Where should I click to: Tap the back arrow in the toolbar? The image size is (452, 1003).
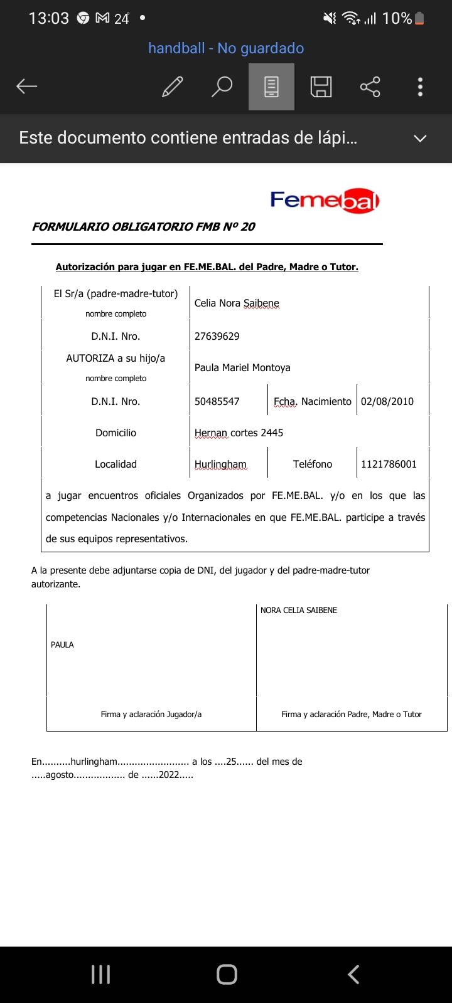tap(27, 87)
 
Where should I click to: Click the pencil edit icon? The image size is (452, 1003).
tap(172, 87)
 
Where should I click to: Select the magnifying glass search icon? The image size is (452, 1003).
tap(222, 87)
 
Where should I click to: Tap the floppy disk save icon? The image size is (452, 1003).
tap(321, 87)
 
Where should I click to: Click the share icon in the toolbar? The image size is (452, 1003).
tap(370, 87)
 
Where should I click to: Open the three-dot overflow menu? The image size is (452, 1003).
tap(420, 87)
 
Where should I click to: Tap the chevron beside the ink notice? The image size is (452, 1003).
tap(420, 139)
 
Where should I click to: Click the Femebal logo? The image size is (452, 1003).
tap(325, 201)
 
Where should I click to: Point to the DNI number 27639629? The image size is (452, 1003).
tap(217, 336)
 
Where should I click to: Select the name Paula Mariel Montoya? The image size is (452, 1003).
tap(242, 368)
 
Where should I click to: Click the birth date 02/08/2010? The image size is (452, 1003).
tap(387, 401)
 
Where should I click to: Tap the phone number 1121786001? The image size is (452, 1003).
tap(389, 464)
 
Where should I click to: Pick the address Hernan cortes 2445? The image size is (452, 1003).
tap(239, 433)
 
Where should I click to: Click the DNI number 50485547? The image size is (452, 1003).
tap(217, 401)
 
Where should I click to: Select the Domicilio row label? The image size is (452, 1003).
tap(116, 433)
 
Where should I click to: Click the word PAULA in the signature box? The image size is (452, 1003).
tap(62, 644)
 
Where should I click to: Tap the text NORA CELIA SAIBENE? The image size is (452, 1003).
tap(299, 610)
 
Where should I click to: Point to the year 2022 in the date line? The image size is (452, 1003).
tap(169, 775)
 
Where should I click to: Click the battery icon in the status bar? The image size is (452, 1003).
tap(419, 19)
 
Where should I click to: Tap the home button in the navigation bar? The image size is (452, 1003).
tap(227, 974)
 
